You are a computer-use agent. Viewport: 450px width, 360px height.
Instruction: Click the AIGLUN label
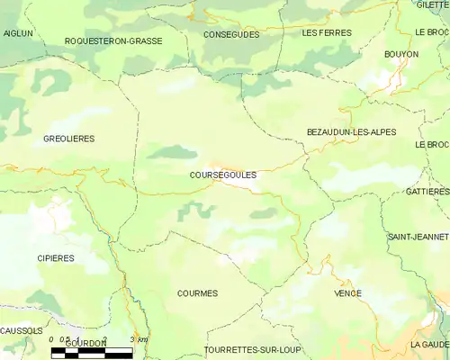(x=17, y=32)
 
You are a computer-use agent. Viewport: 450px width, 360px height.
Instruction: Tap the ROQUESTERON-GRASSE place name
(x=112, y=41)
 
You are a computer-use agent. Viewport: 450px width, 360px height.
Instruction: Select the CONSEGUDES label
(x=231, y=34)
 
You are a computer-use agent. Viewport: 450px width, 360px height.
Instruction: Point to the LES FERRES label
(x=327, y=32)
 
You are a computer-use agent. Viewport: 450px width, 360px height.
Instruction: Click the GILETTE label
(x=434, y=5)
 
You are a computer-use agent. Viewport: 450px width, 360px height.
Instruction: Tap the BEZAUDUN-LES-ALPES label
(x=351, y=132)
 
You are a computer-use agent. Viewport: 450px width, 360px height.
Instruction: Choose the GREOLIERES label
(x=68, y=139)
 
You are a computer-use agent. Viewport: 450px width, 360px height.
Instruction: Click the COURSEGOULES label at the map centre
(x=224, y=175)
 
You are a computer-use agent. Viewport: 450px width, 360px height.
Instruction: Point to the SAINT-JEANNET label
(x=418, y=237)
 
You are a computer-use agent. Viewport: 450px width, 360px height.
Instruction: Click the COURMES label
(x=198, y=293)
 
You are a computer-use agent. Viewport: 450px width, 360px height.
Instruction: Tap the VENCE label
(x=347, y=293)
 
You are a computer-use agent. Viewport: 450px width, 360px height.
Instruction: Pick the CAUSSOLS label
(x=21, y=330)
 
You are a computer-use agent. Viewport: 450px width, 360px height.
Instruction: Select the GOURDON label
(x=85, y=343)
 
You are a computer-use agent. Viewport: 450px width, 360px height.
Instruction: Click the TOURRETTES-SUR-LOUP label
(x=254, y=349)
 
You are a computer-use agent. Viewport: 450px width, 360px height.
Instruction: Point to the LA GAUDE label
(x=429, y=344)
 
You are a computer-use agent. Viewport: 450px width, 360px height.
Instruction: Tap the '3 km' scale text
(x=139, y=339)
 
